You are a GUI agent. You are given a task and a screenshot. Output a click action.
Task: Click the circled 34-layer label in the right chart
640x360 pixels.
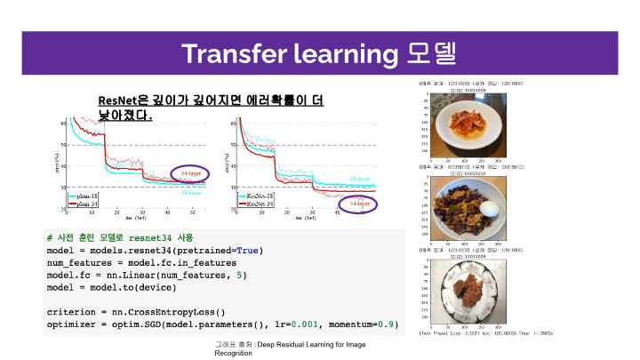tap(359, 204)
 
